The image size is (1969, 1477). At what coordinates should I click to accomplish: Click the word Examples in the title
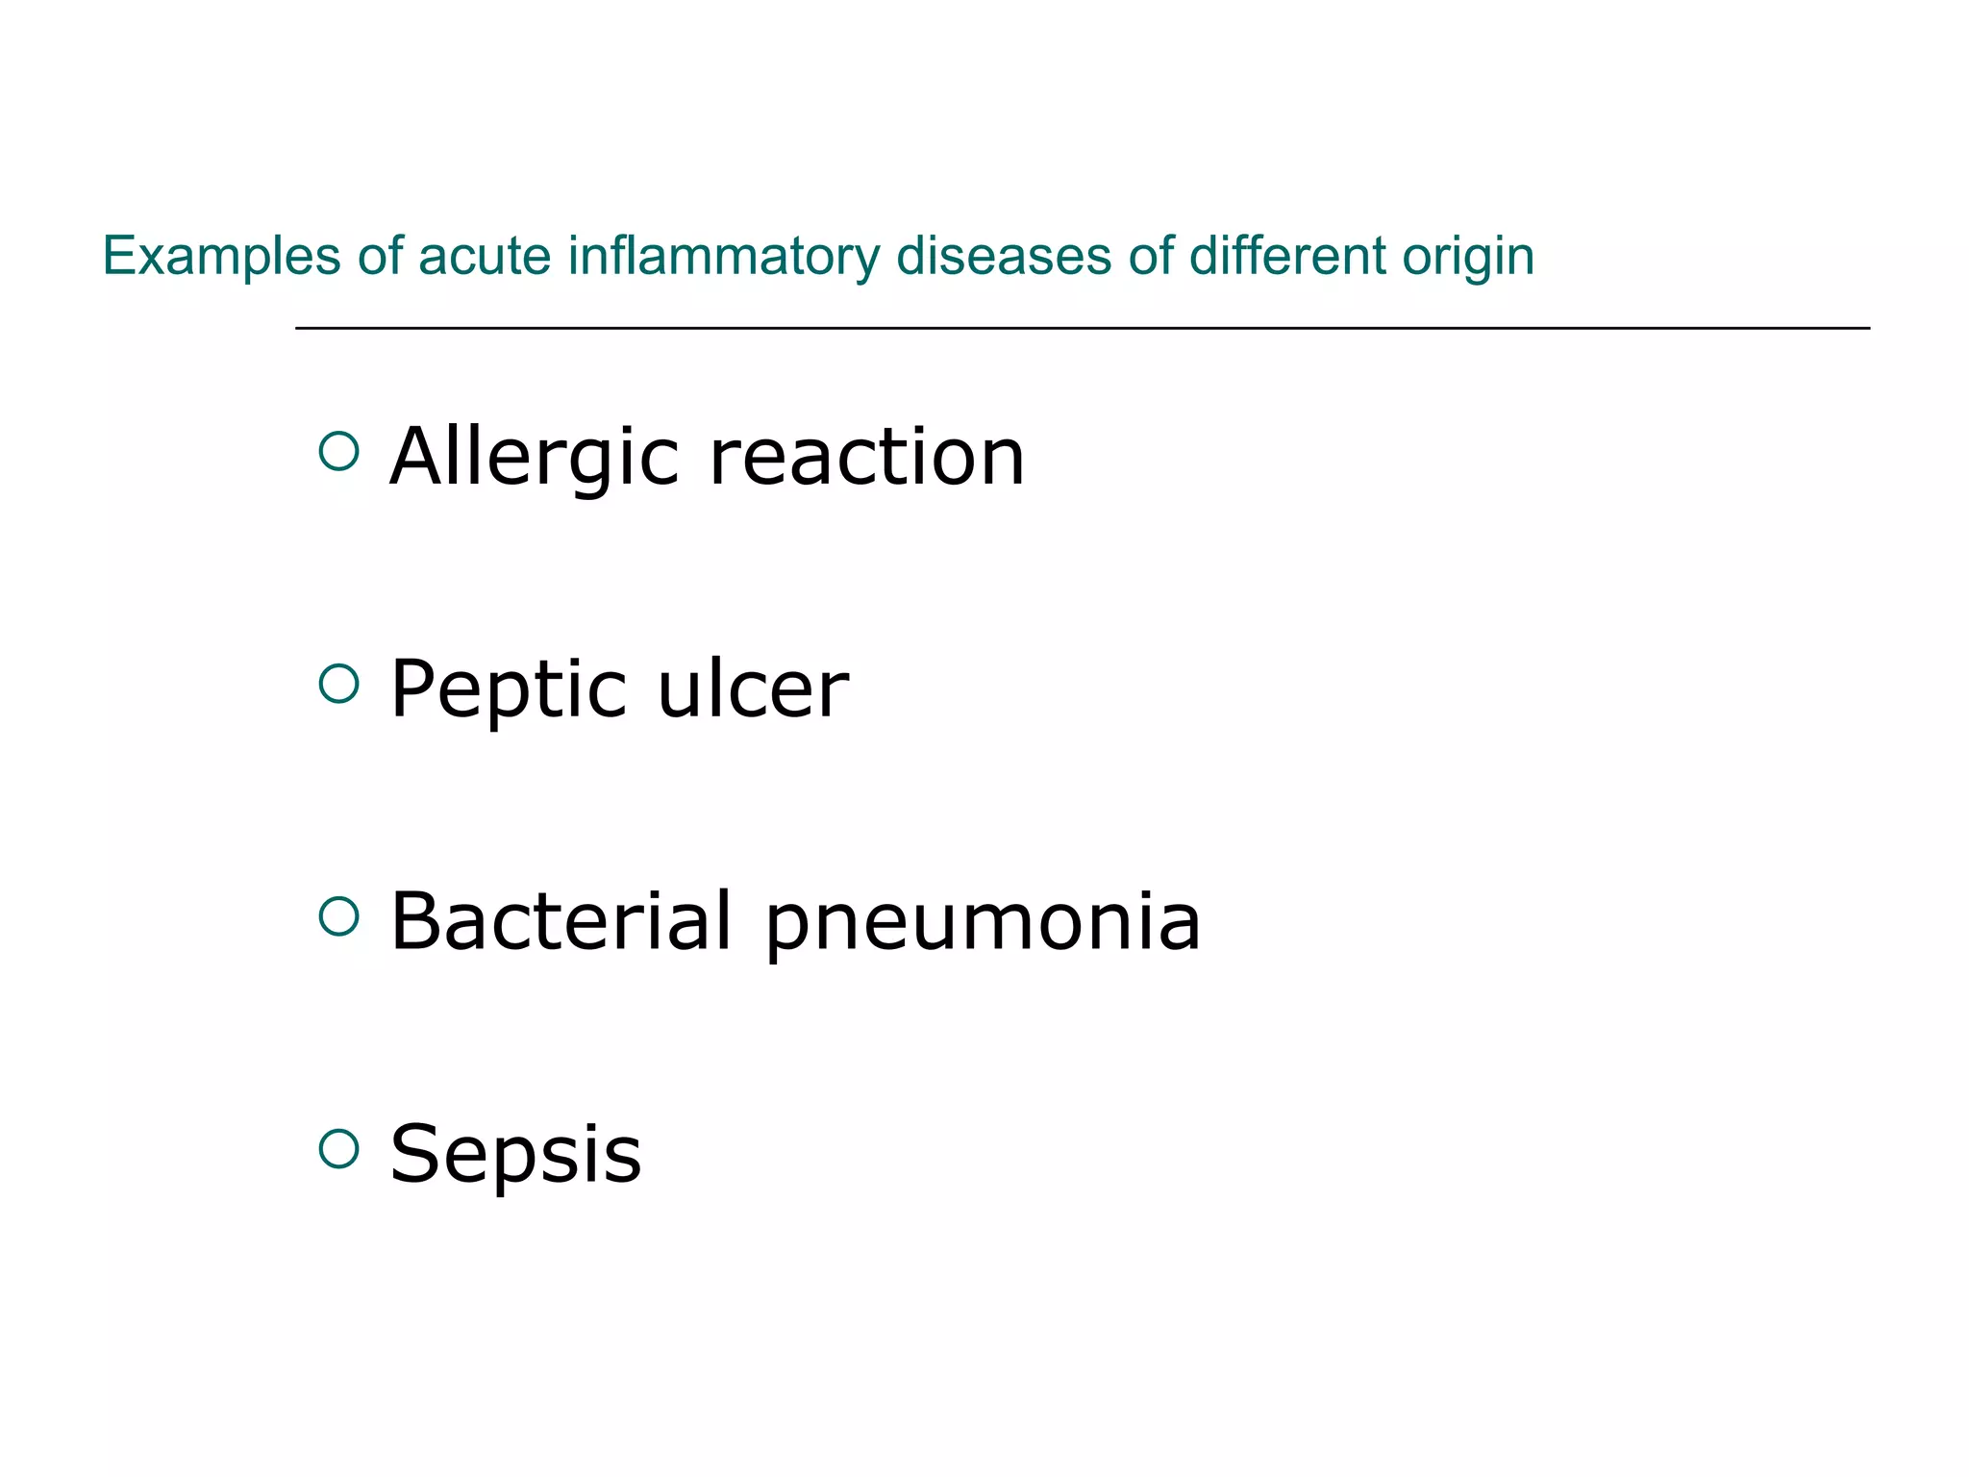click(x=221, y=257)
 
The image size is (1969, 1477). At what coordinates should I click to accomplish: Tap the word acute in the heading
click(x=485, y=257)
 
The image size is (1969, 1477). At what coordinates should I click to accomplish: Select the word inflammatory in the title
click(x=723, y=257)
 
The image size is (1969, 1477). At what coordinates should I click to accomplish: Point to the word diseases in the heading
click(x=1003, y=257)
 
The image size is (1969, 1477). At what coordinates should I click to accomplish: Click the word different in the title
click(x=1287, y=257)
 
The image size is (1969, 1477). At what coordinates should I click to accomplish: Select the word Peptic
click(x=509, y=689)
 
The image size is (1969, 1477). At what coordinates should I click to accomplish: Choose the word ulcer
click(x=753, y=689)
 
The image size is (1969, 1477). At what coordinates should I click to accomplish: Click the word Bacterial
click(x=561, y=921)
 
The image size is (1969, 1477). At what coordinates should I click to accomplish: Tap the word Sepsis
click(x=515, y=1154)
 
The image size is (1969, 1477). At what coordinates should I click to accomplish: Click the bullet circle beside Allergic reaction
click(x=338, y=451)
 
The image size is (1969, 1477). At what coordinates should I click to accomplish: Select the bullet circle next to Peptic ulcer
click(x=338, y=684)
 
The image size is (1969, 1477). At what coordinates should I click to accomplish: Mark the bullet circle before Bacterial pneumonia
click(x=338, y=916)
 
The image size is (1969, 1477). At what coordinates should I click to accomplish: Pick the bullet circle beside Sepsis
click(x=338, y=1148)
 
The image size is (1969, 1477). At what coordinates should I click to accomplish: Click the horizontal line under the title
click(x=1082, y=328)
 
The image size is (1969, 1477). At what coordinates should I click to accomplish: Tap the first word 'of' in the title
click(x=380, y=257)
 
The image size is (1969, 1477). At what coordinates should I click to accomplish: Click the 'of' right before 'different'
click(x=1151, y=257)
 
